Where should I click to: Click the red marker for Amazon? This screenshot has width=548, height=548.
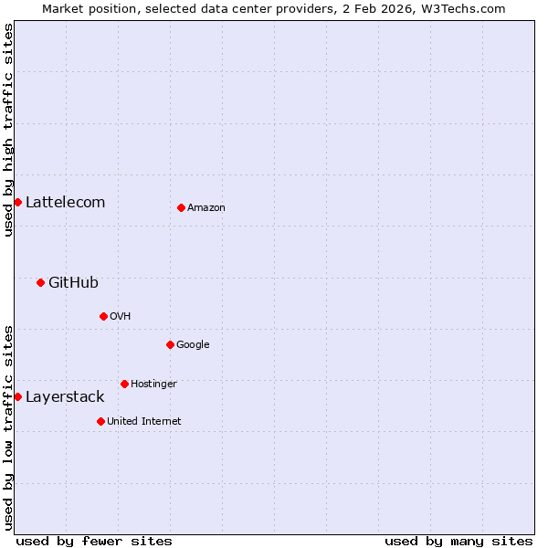[x=181, y=207]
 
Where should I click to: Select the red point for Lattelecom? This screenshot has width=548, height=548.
[x=17, y=202]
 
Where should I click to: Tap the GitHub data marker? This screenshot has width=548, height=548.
[x=40, y=282]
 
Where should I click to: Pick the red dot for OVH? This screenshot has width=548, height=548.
[x=103, y=316]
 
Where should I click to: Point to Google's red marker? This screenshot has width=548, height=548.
[x=170, y=344]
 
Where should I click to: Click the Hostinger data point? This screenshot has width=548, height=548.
[x=124, y=384]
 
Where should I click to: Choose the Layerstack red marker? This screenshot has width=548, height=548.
[x=17, y=396]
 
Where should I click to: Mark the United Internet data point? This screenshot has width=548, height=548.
[x=100, y=421]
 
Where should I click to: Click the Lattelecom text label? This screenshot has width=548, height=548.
[x=65, y=202]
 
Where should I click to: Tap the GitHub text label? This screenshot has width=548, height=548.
[x=73, y=282]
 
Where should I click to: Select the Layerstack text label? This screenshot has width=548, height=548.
[x=65, y=396]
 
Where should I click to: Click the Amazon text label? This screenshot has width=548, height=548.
[x=206, y=207]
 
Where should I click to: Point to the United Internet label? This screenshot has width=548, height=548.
[x=144, y=421]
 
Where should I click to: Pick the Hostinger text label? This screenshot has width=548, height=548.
[x=153, y=384]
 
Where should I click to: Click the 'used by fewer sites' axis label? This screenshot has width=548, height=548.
[x=94, y=541]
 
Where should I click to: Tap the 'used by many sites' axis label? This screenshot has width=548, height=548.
[x=458, y=541]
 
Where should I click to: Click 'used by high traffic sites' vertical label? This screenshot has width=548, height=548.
[x=8, y=131]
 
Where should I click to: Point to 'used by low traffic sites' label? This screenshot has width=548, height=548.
[x=8, y=427]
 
